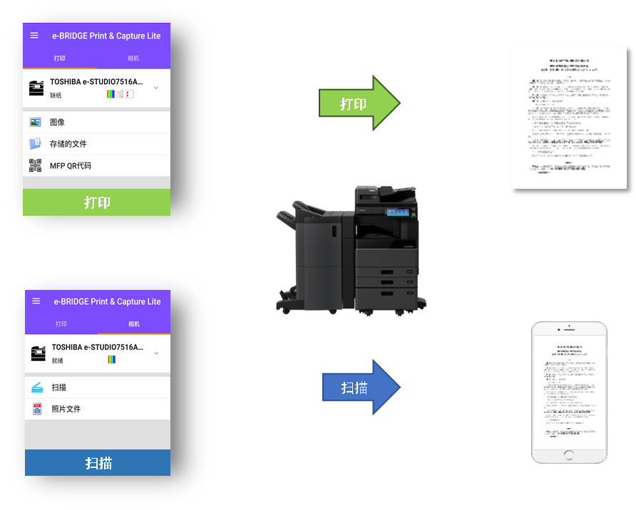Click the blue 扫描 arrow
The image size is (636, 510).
click(360, 387)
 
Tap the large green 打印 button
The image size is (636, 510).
click(97, 202)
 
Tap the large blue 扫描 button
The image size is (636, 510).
click(98, 463)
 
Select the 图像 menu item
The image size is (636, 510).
click(57, 123)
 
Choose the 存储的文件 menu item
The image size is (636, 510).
click(68, 144)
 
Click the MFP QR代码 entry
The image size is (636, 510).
click(70, 166)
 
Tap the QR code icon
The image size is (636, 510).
click(35, 166)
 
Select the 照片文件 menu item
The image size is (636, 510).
click(66, 409)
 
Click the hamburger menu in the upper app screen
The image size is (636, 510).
click(34, 36)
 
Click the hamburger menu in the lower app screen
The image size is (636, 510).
click(36, 301)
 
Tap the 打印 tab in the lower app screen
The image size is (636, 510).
click(61, 324)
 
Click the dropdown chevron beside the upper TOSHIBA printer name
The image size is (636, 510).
click(156, 88)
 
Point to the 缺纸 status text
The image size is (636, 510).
click(56, 95)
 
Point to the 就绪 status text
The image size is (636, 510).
click(57, 360)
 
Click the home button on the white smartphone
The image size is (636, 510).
click(569, 454)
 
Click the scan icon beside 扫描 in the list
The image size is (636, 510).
click(37, 387)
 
